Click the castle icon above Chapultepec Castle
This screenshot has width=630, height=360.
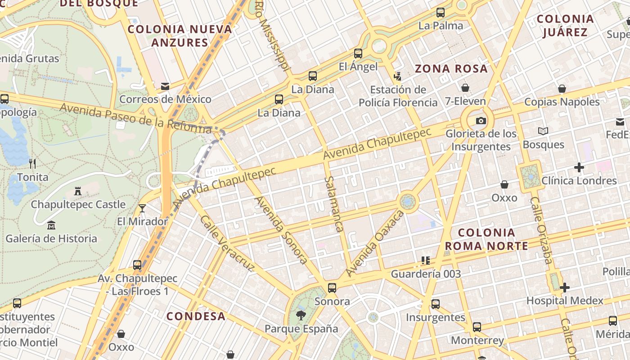pos(78,191)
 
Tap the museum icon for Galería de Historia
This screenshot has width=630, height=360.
pos(51,225)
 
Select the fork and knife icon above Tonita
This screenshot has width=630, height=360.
pos(32,163)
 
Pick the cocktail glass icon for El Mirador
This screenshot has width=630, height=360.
pos(142,208)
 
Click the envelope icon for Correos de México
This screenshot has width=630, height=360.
pos(165,86)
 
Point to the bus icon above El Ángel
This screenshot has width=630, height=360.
pos(358,54)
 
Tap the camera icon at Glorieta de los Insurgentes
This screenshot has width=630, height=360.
pos(481,121)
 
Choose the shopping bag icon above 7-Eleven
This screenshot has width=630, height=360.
pos(465,88)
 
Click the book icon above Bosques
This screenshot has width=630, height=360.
pos(543,131)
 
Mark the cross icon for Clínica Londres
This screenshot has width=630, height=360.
pos(579,168)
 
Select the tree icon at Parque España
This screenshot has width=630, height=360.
pos(301,315)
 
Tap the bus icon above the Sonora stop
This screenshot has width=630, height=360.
pos(332,288)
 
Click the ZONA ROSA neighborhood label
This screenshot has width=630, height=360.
pos(451,69)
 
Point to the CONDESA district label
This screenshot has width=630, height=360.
pos(196,316)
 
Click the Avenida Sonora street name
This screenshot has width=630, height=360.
pos(282,230)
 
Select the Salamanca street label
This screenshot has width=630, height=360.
pos(334,204)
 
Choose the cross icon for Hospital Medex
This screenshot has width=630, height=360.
pos(565,287)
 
